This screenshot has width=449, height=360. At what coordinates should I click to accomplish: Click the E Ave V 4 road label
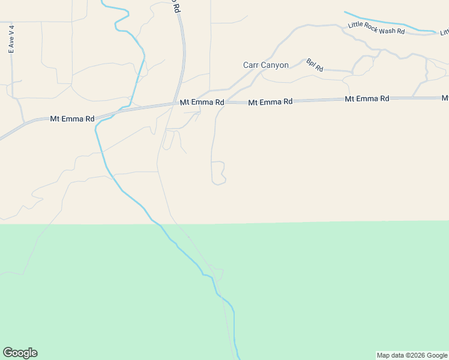[11, 40]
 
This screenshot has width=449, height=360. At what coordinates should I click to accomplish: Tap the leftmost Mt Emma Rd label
[72, 119]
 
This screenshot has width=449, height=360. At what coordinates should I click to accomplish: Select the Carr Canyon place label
[266, 65]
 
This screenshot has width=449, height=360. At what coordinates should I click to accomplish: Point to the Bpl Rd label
[315, 65]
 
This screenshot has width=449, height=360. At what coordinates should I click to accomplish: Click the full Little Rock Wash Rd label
[376, 28]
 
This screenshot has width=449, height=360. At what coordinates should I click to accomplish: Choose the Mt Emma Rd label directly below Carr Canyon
[270, 103]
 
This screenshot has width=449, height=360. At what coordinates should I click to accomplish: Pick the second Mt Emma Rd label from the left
[202, 103]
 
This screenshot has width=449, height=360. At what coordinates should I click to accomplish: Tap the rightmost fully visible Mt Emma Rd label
[367, 98]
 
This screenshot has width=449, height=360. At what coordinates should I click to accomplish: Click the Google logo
[20, 353]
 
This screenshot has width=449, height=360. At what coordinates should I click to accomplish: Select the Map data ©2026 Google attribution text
[412, 355]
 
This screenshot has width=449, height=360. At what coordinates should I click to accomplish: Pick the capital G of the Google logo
[8, 353]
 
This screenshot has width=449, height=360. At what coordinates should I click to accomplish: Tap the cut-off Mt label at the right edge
[445, 97]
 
